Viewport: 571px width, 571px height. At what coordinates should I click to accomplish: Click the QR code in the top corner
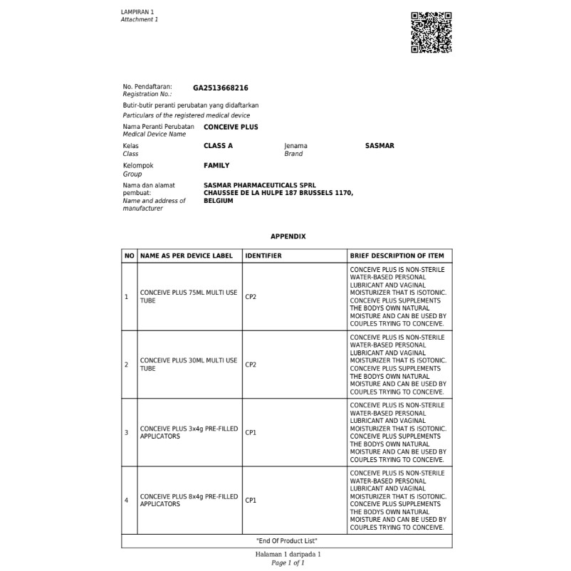pos(431,32)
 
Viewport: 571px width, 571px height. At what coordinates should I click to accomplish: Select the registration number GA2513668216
pos(221,88)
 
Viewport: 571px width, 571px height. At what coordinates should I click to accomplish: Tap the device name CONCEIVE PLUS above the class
pos(231,127)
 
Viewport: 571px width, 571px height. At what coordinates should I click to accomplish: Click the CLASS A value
pos(218,146)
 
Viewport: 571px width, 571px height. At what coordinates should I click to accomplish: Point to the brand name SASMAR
pos(379,146)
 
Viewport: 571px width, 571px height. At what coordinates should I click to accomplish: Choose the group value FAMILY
pos(216,166)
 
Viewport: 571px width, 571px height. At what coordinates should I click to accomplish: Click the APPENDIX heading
pos(288,236)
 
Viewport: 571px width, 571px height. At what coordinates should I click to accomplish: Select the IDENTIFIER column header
pos(263,256)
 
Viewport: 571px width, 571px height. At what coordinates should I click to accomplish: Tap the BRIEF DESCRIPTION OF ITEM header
pos(397,256)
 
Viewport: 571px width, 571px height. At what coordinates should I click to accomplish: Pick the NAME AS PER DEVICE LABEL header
pos(187,256)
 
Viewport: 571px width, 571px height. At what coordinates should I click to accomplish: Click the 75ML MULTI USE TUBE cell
pos(189,297)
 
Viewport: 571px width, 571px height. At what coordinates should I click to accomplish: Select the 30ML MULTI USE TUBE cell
pos(189,365)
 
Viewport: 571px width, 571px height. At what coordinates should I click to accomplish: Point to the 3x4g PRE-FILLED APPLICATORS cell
pos(189,432)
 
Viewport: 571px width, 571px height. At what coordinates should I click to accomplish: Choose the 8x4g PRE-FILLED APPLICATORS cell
pos(189,500)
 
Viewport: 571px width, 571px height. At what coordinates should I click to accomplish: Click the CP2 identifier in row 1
pos(251,297)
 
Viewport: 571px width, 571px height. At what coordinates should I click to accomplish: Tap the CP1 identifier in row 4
pos(251,501)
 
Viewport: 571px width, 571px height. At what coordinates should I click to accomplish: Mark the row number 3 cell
pos(127,432)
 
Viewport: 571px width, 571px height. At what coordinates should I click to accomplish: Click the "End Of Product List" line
pos(286,541)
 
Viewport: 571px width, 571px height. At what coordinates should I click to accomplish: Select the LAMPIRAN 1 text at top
pos(137,13)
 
